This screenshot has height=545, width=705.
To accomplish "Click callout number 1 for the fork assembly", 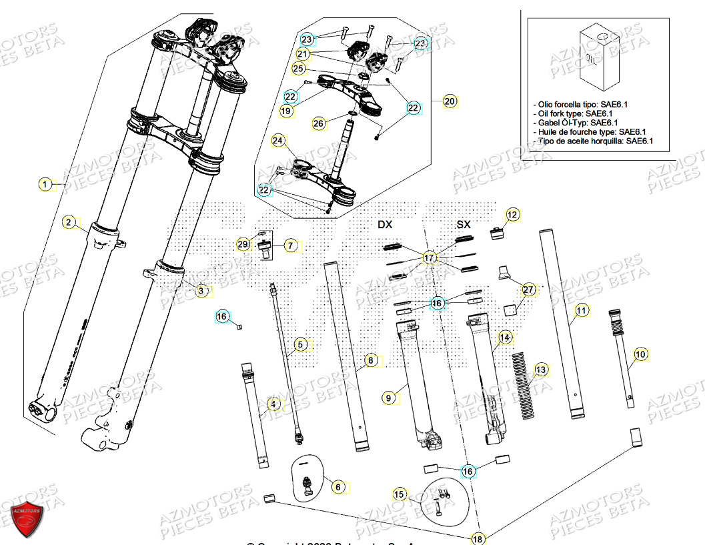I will click(x=44, y=185).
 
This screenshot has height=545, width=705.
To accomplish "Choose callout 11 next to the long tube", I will click(x=582, y=310).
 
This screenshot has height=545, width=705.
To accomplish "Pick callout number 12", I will click(x=512, y=215).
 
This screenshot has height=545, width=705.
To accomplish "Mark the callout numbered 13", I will click(x=541, y=370).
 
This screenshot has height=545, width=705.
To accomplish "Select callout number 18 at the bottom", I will click(x=478, y=538).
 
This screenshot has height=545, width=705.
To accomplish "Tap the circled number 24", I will click(x=278, y=141).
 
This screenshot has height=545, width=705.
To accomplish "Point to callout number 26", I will click(x=319, y=123).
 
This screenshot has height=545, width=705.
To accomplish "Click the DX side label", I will click(x=385, y=225).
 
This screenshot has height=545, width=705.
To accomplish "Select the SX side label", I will click(x=463, y=225).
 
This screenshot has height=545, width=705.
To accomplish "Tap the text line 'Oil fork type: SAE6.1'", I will click(x=576, y=113).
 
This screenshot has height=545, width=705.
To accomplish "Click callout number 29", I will click(x=243, y=245).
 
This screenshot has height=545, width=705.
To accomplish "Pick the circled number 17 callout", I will click(x=430, y=257).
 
